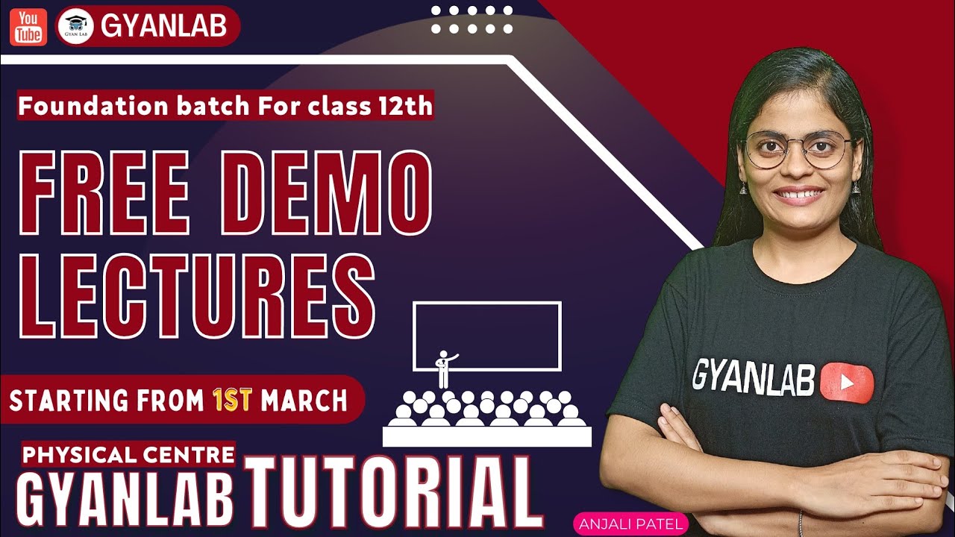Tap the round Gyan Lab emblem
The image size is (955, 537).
coord(75,27)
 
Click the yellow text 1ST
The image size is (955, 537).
coord(232,401)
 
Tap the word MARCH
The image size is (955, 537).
coord(304,401)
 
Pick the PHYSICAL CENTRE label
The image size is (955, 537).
coord(129,453)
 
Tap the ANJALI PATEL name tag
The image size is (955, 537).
coord(628,524)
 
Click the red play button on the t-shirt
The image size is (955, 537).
coord(846,383)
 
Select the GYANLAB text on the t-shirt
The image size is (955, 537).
coord(754,376)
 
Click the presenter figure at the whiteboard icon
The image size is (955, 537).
coord(445,368)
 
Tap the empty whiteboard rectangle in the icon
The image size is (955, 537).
coord(486,336)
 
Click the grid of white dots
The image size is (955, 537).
coord(472,20)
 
